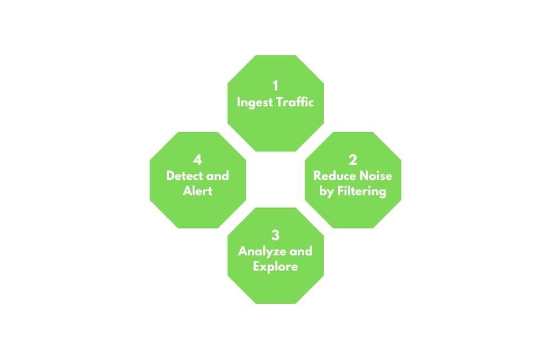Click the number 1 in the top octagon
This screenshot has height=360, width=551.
pyautogui.click(x=275, y=86)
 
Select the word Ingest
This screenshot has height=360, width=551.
pyautogui.click(x=254, y=103)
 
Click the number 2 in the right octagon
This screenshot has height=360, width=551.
pyautogui.click(x=353, y=160)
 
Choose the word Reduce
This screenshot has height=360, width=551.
pyautogui.click(x=332, y=175)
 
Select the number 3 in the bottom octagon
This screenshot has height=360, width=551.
pyautogui.click(x=275, y=235)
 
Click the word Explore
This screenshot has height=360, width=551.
pyautogui.click(x=275, y=266)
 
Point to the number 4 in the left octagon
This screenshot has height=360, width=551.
pyautogui.click(x=198, y=160)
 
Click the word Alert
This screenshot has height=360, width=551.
pyautogui.click(x=198, y=191)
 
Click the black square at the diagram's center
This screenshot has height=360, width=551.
pyautogui.click(x=275, y=179)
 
